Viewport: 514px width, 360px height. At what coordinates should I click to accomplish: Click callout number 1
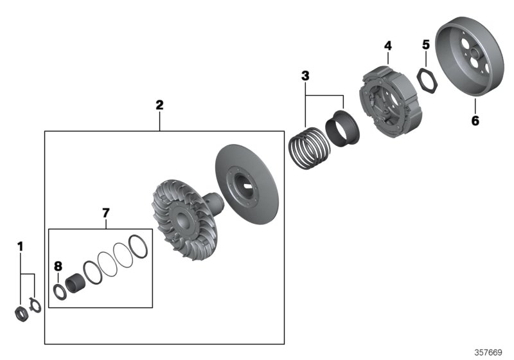coord(20,246)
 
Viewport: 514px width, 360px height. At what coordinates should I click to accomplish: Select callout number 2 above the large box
coord(159,105)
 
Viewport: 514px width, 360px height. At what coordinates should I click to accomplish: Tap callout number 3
coord(305,76)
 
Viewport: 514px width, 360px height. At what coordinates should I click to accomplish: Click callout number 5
coord(425,44)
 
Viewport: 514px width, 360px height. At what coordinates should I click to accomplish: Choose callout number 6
coord(475,120)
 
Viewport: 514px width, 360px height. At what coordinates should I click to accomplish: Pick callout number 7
coord(107,212)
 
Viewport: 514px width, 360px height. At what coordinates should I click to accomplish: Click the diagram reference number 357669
coord(488,352)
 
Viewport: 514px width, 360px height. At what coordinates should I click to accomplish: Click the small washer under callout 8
coord(58,290)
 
